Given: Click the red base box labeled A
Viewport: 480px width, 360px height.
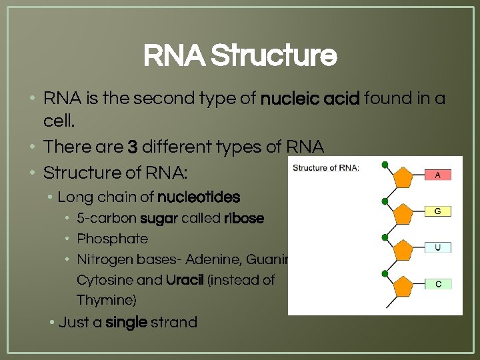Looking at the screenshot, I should click(438, 175).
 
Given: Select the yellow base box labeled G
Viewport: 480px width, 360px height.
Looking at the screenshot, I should click(438, 211).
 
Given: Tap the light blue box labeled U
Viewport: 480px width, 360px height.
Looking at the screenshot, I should click(438, 247).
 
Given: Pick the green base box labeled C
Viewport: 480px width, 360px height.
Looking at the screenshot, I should click(438, 284).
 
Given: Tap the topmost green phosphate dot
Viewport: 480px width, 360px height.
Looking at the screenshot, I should click(385, 164).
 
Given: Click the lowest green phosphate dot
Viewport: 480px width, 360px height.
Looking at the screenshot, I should click(385, 274).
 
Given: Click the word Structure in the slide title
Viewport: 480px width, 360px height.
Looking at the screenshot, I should click(273, 57).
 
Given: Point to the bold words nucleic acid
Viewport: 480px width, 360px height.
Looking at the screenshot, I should click(310, 99).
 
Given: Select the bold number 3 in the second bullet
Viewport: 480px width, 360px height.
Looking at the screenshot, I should click(131, 147).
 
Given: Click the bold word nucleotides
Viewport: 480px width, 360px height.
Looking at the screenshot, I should click(197, 197).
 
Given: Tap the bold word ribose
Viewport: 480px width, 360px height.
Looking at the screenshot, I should click(244, 219).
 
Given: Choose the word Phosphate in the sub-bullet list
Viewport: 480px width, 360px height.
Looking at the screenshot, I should click(112, 239).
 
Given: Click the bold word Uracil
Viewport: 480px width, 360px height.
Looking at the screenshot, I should click(185, 280).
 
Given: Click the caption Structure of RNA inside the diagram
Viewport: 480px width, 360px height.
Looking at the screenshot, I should click(326, 167).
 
